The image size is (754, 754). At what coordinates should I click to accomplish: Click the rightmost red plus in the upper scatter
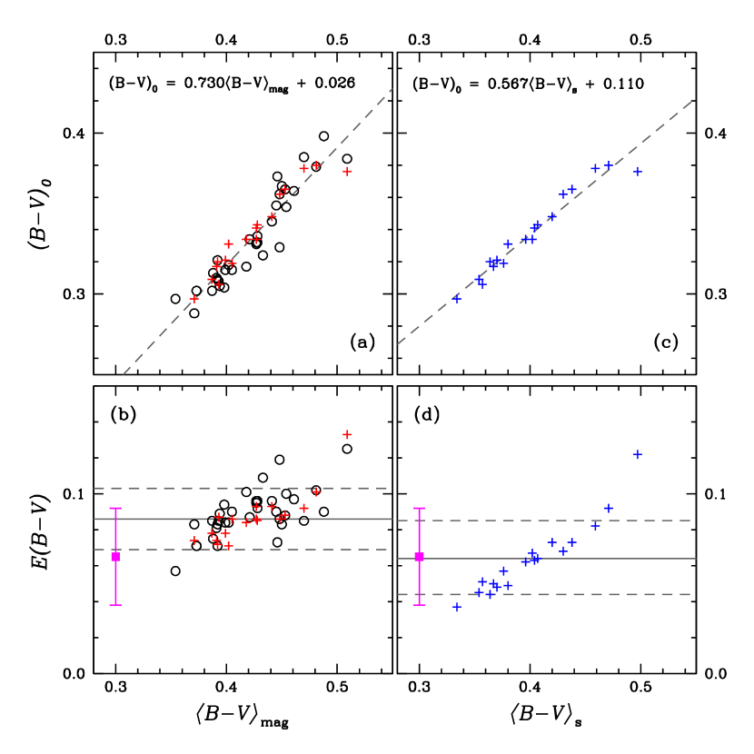(x=347, y=171)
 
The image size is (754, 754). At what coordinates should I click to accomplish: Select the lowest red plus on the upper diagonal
(x=194, y=298)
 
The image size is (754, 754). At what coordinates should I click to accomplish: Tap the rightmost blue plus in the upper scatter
(x=638, y=171)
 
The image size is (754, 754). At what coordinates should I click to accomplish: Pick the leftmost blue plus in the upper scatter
(x=457, y=297)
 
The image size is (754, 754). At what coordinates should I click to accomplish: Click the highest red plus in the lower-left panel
(x=347, y=434)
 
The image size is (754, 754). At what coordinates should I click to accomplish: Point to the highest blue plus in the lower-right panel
(x=638, y=454)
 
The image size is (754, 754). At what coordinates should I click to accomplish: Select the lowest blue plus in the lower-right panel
(x=457, y=607)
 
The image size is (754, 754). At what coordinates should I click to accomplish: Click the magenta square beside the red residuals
(x=115, y=556)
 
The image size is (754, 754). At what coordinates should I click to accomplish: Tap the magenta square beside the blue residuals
(x=419, y=556)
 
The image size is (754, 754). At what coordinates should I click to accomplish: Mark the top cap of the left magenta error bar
(x=115, y=509)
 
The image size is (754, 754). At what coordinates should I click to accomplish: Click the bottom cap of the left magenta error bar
(x=115, y=604)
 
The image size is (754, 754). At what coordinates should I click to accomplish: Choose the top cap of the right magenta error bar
(x=419, y=509)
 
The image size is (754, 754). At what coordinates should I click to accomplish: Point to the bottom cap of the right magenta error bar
(x=419, y=604)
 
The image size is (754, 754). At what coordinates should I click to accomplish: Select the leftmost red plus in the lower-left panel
(x=194, y=541)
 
